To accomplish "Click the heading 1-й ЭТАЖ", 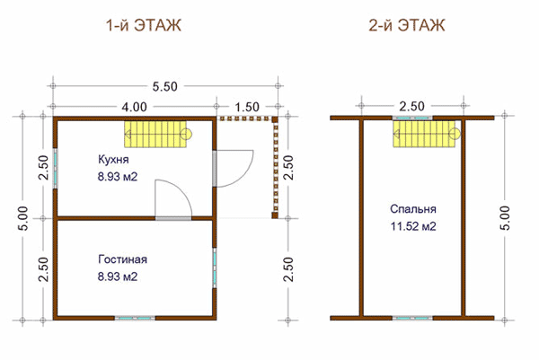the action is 144,25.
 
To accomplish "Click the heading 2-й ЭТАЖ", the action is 407,25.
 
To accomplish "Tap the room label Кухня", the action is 113,160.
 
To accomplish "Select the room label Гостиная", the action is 123,259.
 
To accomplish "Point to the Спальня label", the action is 413,209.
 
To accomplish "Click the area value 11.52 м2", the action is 413,226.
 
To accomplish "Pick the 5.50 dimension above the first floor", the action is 165,86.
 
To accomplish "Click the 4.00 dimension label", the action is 134,107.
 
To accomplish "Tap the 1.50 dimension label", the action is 247,107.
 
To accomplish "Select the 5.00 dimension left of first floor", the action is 22,218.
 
